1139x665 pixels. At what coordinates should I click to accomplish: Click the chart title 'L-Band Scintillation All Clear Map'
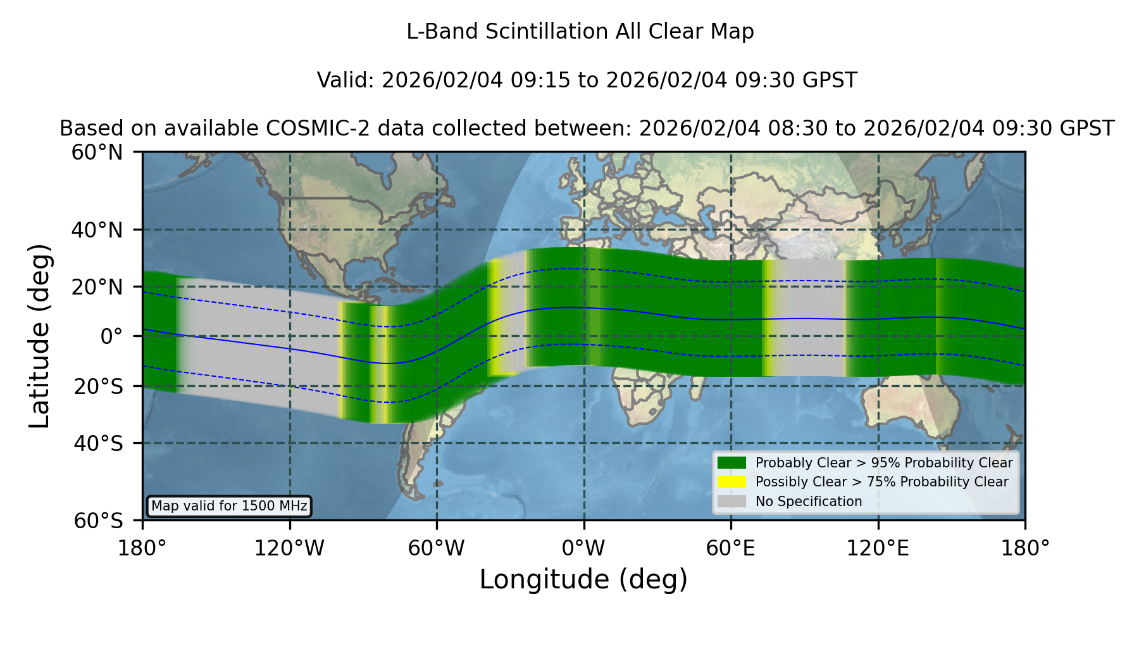click(580, 32)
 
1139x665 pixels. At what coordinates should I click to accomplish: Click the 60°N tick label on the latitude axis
click(97, 153)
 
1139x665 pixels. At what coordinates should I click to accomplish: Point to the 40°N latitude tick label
click(97, 230)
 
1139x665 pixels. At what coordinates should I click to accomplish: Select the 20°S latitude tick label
click(99, 386)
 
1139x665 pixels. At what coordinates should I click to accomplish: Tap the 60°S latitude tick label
click(99, 521)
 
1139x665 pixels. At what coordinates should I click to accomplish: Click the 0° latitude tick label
click(111, 336)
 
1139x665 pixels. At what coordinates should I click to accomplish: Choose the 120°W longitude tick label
click(289, 548)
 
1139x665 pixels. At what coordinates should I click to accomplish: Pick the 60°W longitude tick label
click(437, 548)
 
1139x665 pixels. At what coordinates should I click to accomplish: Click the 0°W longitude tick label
click(583, 548)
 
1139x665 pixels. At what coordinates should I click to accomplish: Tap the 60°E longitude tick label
click(731, 548)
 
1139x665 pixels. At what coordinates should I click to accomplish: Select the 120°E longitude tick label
click(878, 548)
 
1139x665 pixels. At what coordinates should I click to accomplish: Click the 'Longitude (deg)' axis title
click(583, 579)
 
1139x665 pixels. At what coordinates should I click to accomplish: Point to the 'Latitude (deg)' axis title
click(40, 336)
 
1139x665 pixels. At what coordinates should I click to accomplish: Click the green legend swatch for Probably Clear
click(732, 462)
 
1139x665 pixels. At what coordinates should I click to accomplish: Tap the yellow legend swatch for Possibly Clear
click(732, 482)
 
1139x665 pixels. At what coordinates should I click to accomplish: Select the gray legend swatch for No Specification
click(732, 501)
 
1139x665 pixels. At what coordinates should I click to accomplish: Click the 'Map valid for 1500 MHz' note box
click(229, 506)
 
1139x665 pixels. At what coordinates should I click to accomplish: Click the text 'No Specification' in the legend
click(809, 502)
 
